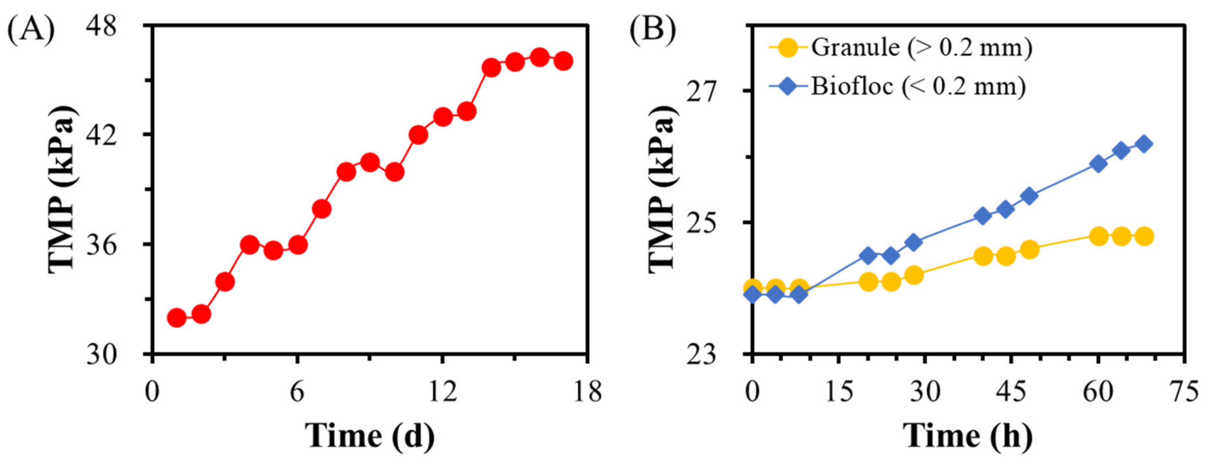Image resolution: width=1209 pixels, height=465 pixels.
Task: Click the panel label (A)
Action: tap(31, 29)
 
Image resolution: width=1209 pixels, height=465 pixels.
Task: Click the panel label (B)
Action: tap(652, 29)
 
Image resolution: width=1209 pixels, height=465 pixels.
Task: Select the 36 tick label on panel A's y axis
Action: tap(101, 245)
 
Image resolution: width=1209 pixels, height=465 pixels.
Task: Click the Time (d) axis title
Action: tap(370, 436)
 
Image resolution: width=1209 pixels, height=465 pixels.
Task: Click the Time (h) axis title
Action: tap(969, 436)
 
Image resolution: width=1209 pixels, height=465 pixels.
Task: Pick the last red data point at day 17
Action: tap(563, 61)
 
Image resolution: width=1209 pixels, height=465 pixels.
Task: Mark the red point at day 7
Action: tap(322, 209)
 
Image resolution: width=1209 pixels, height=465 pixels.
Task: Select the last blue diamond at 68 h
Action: tap(1144, 144)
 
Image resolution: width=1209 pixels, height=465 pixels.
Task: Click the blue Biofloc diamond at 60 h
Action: tap(1098, 164)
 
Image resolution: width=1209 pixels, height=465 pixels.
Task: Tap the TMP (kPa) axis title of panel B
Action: tap(662, 188)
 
